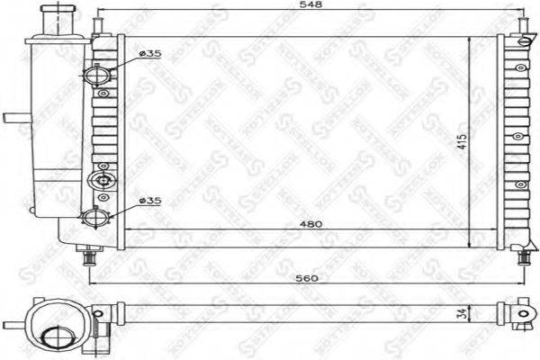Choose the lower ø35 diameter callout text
pyautogui.click(x=149, y=201)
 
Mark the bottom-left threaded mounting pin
pyautogui.click(x=89, y=258)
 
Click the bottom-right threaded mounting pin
pyautogui.click(x=523, y=257)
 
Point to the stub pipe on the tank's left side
pyautogui.click(x=15, y=118)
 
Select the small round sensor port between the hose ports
pyautogui.click(x=103, y=180)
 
